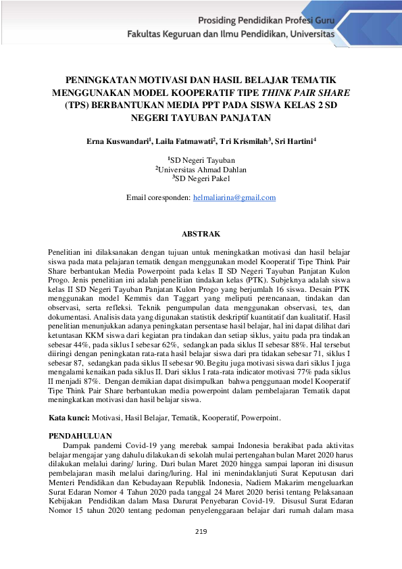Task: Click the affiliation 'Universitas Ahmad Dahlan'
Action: coord(202,170)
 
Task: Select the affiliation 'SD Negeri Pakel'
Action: coord(202,178)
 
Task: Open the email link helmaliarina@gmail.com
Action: coord(234,197)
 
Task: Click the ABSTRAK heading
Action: coord(201,234)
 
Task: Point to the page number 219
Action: coord(201,531)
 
